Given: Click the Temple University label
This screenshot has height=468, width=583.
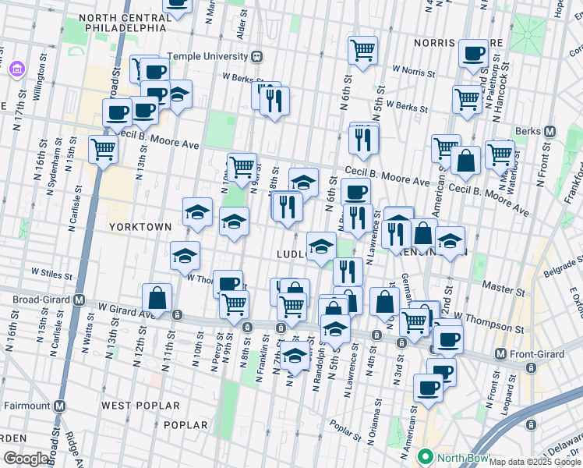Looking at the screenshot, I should (x=205, y=56).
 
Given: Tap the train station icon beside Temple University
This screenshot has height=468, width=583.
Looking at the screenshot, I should (x=256, y=56).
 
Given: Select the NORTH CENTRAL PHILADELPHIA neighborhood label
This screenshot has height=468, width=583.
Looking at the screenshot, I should (x=122, y=22).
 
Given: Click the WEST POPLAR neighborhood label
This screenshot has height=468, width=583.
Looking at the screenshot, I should (x=140, y=406).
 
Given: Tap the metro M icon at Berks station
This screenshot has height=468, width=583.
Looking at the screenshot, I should (x=549, y=132).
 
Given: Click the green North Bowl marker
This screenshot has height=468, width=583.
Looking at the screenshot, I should (x=426, y=456).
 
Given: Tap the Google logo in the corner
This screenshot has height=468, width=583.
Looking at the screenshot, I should (x=25, y=459).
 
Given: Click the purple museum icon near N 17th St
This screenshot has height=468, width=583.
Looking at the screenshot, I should (x=16, y=69).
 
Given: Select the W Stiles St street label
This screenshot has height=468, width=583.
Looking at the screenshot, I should (x=51, y=275).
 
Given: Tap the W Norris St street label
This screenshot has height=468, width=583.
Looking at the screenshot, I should (x=413, y=70).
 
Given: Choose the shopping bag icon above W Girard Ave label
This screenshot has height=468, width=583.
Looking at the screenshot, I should (x=157, y=298).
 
